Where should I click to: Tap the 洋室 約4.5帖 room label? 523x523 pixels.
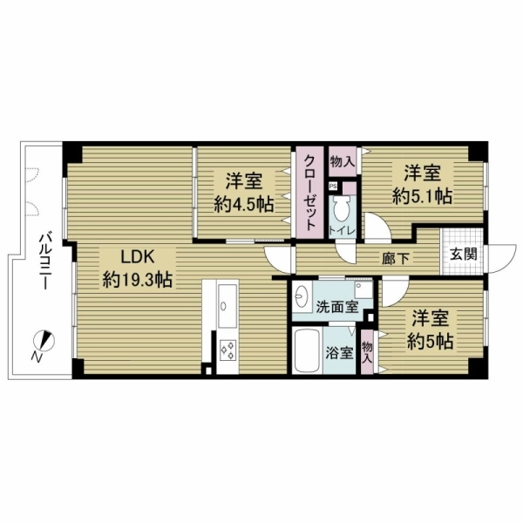click(x=244, y=193)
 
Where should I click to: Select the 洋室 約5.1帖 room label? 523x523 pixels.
click(x=422, y=184)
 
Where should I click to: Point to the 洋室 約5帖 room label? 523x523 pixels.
click(x=430, y=329)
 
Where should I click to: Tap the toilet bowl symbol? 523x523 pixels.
click(x=343, y=208)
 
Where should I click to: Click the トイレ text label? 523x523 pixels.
click(x=342, y=231)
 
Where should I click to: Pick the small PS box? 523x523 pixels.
click(x=333, y=187)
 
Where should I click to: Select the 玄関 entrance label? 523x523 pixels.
click(x=463, y=255)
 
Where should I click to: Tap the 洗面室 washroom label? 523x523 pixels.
click(x=336, y=307)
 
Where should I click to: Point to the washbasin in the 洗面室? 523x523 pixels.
click(x=302, y=296)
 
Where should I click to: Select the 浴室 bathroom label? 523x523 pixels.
click(x=339, y=353)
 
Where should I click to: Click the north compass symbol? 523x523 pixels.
click(x=44, y=341)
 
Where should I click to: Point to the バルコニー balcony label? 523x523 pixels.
click(x=44, y=262)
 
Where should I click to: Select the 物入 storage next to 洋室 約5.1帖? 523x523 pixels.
click(x=342, y=161)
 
